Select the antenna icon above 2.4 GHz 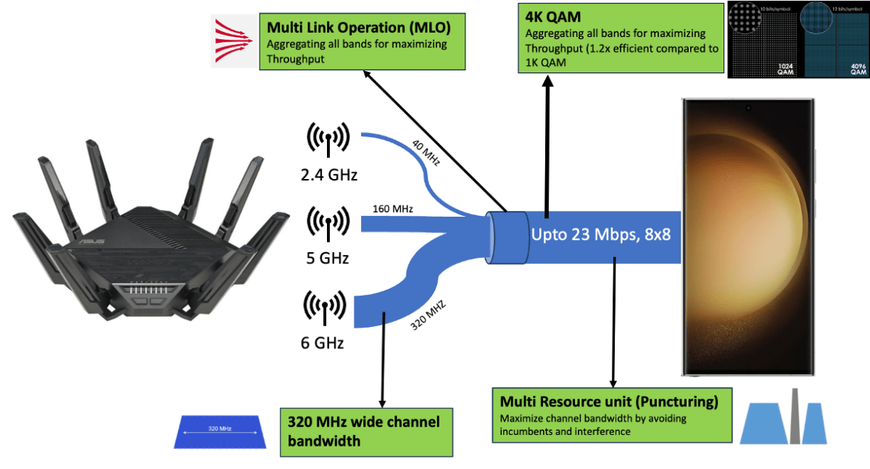(328, 139)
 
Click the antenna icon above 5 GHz (328, 222)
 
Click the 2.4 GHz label (328, 175)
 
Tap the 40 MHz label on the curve (426, 153)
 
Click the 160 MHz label (392, 209)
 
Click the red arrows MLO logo (233, 41)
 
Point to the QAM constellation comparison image (797, 38)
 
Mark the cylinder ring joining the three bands (506, 238)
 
